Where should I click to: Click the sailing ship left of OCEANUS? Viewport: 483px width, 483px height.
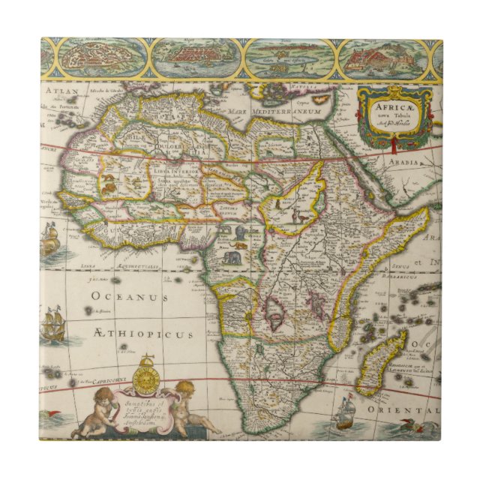52,325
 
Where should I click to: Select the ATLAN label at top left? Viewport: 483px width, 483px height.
56,91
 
